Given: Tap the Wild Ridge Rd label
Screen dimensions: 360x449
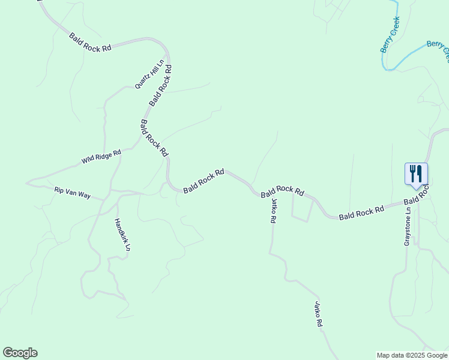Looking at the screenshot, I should (x=101, y=157).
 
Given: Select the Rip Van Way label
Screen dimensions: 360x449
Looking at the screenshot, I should (x=72, y=193).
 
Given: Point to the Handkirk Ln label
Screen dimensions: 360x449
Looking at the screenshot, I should (x=122, y=234).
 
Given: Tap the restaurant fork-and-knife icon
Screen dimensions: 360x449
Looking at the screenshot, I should (x=416, y=174).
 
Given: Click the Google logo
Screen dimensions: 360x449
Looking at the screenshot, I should (x=20, y=353).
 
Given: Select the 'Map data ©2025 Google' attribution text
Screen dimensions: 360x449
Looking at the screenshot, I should (x=412, y=355).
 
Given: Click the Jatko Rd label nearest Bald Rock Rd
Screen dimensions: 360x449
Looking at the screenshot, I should (x=273, y=211).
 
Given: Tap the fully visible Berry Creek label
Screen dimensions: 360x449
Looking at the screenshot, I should (x=390, y=34).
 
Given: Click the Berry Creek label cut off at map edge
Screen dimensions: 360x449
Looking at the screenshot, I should (x=438, y=49).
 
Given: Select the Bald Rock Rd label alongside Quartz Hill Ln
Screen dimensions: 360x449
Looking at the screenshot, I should (x=161, y=85).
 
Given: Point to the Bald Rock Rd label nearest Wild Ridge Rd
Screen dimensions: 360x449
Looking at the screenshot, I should (x=153, y=138).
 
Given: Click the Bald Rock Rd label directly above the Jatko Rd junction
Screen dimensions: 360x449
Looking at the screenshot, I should (x=282, y=191).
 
